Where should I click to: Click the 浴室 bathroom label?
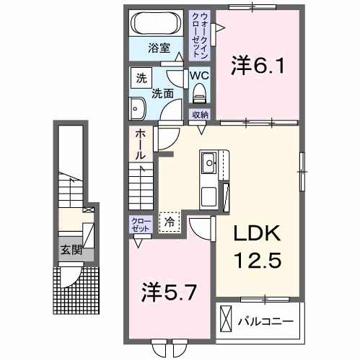point(159,49)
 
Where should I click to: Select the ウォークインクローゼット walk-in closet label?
point(198,35)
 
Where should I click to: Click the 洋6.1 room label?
point(258,66)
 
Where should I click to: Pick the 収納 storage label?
point(200,114)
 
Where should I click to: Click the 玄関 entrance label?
point(70,251)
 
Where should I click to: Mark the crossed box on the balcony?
point(225,318)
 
